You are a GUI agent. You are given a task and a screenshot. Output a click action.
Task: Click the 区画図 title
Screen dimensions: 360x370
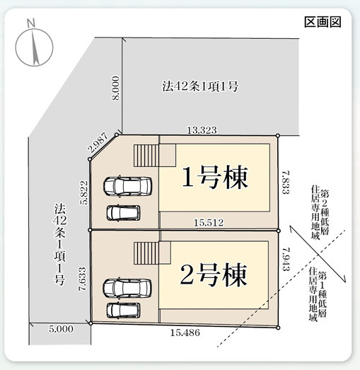[x=323, y=22]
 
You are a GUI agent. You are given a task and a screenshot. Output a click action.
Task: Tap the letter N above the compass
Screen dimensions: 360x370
[x=31, y=23]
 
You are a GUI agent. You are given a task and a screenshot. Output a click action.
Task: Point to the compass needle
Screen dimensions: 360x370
[x=35, y=47]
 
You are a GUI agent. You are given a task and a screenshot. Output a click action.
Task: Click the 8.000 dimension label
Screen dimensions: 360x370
[x=115, y=88]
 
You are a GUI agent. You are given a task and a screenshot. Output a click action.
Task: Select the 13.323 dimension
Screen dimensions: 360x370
[x=202, y=130]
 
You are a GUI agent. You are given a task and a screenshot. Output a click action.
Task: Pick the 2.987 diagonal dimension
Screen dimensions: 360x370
[x=98, y=142]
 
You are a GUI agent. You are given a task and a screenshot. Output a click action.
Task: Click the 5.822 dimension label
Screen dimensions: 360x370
[x=83, y=192]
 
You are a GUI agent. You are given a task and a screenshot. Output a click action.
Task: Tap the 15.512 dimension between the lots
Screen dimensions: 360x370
[x=209, y=222]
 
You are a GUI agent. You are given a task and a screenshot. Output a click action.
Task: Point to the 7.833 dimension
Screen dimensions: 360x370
[x=286, y=183]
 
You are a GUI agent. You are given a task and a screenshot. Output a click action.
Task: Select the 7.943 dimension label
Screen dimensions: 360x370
[x=286, y=259]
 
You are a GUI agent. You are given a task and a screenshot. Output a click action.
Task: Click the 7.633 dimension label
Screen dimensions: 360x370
[x=83, y=279]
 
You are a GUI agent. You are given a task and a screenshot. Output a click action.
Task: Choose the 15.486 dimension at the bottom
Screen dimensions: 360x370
[x=185, y=333]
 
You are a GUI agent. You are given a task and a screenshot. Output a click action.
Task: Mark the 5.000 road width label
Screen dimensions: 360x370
[x=61, y=329]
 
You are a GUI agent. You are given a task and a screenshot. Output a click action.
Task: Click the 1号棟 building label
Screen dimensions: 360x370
[x=215, y=177]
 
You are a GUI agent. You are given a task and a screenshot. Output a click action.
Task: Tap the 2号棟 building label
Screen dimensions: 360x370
[x=214, y=275]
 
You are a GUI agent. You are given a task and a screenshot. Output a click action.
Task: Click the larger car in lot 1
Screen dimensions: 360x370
[x=127, y=187]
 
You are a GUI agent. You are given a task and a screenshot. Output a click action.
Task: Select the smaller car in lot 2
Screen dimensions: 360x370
[x=123, y=310]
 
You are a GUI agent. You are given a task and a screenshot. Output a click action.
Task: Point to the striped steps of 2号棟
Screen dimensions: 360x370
[x=146, y=253]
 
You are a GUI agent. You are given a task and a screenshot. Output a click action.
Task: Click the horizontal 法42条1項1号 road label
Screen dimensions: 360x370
[x=200, y=86]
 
